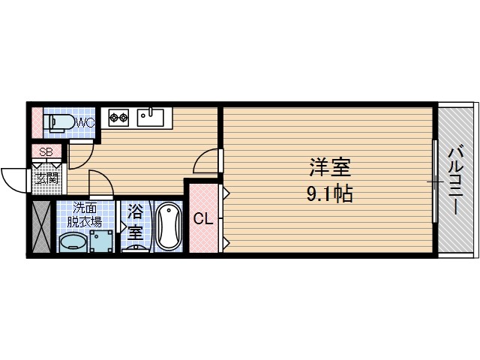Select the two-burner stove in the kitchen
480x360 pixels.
point(119,116)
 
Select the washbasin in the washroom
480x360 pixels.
point(72,241)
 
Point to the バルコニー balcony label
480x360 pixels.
point(456,180)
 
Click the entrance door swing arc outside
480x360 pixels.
point(13,180)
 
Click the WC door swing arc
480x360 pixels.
point(81,154)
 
